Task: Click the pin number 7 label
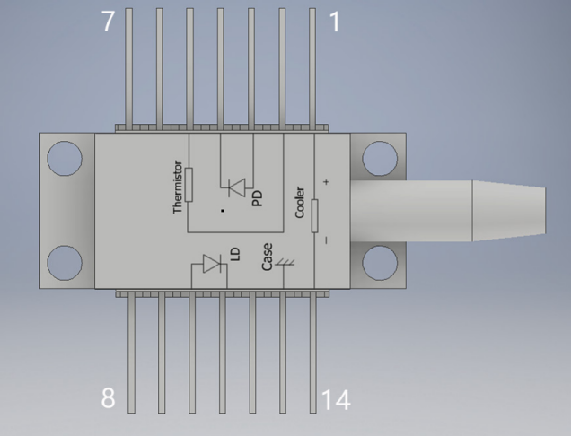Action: point(108,22)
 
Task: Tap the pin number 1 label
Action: point(335,22)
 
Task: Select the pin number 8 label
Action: point(108,397)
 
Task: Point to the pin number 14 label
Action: point(336,400)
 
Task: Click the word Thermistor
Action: point(178,187)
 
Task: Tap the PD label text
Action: point(257,198)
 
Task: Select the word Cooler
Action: point(300,203)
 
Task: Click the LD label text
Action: point(236,254)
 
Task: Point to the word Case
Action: point(267,257)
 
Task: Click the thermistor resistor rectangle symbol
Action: point(189,185)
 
